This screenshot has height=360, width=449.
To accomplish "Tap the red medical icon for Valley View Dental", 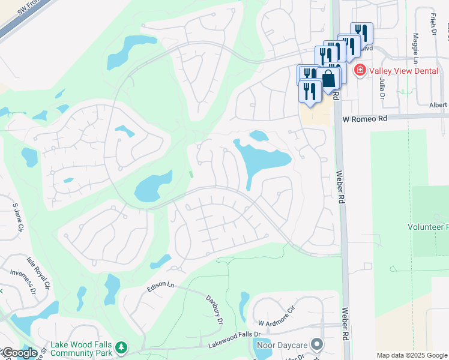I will pos(360,71).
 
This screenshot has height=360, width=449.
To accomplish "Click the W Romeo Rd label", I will pos(366,119).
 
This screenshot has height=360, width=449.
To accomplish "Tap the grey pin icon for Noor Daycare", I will pos(316,345).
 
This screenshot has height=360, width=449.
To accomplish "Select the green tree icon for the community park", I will pos(121,347).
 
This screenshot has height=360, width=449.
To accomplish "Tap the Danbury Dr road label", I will pos(214,310).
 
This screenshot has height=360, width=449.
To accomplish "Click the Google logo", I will pos(19,353).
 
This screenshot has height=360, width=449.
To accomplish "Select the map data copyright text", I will pos(412,355).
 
